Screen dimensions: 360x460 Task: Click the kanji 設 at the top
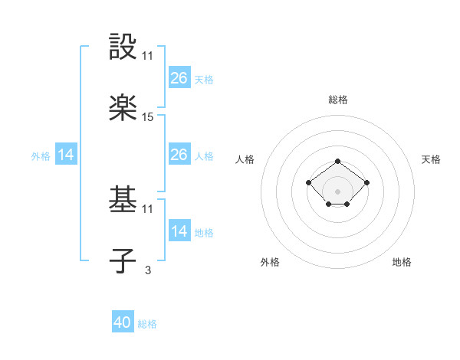coord(123,48)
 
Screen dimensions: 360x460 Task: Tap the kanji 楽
coord(123,108)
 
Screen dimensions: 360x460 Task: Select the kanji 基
coord(123,201)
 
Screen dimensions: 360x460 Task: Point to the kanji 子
coord(123,260)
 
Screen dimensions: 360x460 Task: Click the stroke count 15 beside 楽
coord(148,117)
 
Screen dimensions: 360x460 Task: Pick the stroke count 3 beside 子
coord(147,269)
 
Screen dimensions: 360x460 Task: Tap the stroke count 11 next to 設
coord(148,56)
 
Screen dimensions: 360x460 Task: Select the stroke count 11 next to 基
coord(148,208)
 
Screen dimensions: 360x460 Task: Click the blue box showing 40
coord(123,322)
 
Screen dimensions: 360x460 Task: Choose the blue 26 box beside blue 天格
coord(179,77)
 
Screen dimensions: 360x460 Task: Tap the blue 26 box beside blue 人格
coord(179,155)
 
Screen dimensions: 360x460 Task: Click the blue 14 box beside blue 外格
coord(66,155)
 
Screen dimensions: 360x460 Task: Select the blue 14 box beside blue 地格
coord(179,231)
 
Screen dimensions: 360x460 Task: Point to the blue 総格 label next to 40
coord(147,324)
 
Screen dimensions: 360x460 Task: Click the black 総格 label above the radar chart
coord(337,100)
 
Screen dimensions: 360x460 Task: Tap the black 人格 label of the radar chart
coord(245,159)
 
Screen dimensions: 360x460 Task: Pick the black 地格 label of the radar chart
coord(402,262)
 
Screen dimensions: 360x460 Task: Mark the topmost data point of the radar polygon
coord(337,162)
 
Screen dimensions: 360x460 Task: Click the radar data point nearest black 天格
coord(366,182)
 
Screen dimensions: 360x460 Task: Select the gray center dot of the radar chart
coord(337,191)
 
